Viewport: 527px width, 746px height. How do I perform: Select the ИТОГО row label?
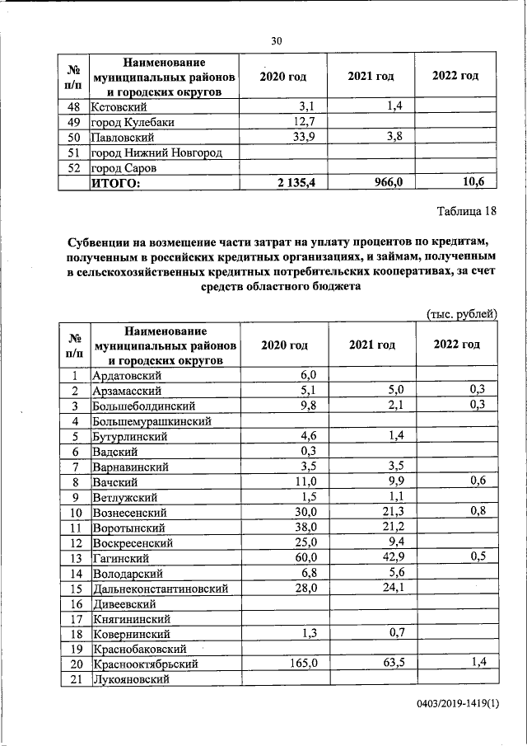[116, 183]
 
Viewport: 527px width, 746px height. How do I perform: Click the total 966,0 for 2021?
[386, 183]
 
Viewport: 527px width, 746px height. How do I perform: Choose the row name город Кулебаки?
[137, 122]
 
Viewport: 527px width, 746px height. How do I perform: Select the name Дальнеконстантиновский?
[160, 589]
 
